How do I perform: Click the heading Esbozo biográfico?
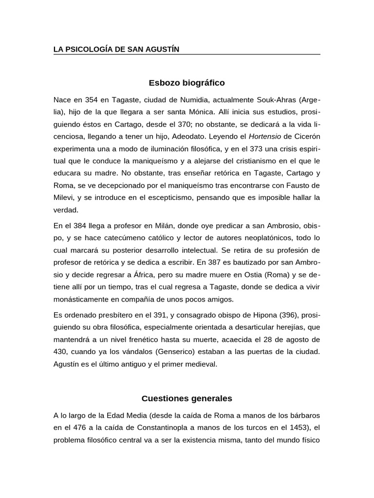[x=187, y=83]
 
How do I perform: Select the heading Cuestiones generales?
[x=187, y=399]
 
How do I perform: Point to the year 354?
[x=92, y=100]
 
